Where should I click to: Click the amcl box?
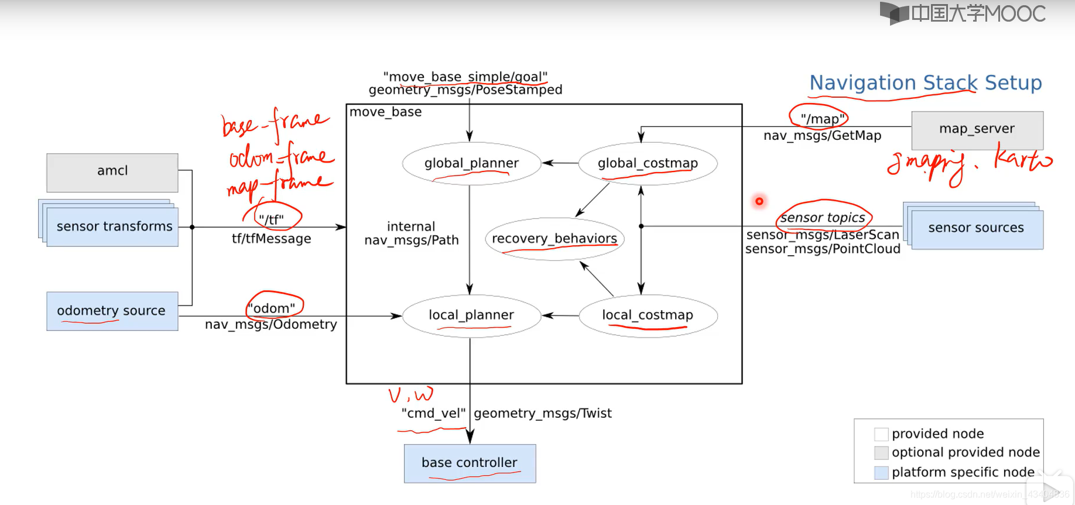coord(112,172)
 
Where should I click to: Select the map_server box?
coord(977,130)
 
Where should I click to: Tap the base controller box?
coord(470,463)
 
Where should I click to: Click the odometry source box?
coord(112,311)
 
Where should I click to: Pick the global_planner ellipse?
coord(471,163)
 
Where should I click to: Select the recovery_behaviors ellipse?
coord(554,239)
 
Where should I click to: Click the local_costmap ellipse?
coord(648,315)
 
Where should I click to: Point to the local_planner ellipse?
coord(471,315)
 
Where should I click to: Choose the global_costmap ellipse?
coord(648,163)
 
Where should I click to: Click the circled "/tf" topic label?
coord(272,219)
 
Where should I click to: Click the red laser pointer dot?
coord(759,201)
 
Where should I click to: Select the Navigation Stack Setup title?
coord(925,83)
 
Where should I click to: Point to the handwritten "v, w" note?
coord(411,395)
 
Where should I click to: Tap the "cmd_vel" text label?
coord(433,413)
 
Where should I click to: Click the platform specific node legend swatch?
coord(881,472)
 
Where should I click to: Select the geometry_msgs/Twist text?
coord(543,413)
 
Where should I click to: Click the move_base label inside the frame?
coord(385,112)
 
